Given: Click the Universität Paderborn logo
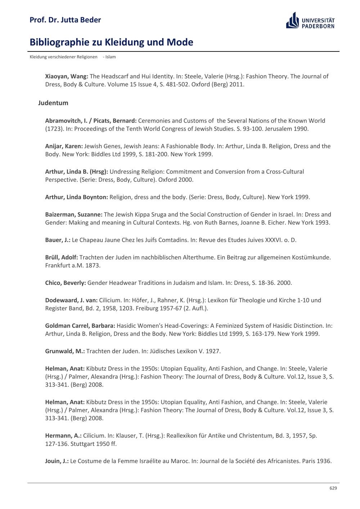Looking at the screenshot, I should tap(310, 21).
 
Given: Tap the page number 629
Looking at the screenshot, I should tap(333, 488).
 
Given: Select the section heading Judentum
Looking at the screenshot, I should tap(53, 103).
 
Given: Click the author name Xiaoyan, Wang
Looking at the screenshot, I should tap(67, 76).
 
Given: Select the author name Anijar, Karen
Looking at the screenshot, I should tap(64, 146).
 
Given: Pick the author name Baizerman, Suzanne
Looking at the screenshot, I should tap(74, 214).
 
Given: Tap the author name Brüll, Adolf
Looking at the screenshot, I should tap(62, 257).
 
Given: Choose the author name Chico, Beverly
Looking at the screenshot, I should tap(66, 283).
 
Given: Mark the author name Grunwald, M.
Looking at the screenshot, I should tap(65, 351).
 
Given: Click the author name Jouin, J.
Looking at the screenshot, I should tap(57, 461).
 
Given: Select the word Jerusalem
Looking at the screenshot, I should tap(278, 129).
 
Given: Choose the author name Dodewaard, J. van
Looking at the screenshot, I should tap(71, 300).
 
